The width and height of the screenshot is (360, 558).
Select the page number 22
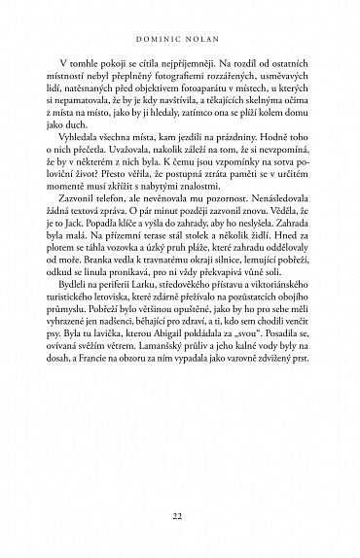181,515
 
